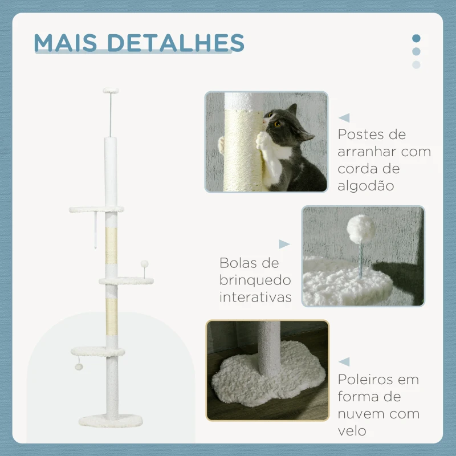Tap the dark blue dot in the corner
click(x=416, y=39)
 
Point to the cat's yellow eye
click(x=278, y=124)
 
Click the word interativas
click(x=255, y=297)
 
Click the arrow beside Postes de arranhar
click(x=344, y=118)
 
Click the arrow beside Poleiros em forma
click(x=344, y=362)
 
